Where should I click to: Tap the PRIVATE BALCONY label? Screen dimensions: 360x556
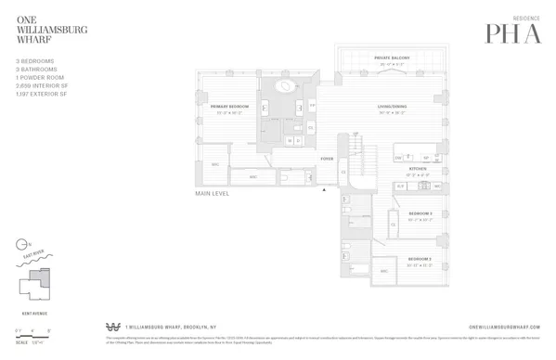[x=393, y=58]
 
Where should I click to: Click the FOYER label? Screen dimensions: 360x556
[x=327, y=160]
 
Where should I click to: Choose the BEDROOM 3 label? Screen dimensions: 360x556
[x=420, y=213]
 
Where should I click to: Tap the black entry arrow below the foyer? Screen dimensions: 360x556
[x=324, y=189]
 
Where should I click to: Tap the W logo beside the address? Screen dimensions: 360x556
[x=114, y=327]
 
